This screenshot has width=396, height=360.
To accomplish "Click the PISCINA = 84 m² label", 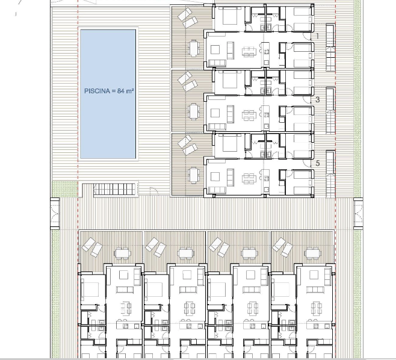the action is (109, 91).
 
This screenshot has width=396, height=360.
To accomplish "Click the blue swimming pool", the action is (108, 94).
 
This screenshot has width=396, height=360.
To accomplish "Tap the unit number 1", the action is (317, 36).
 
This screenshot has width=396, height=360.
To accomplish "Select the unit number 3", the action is (317, 99).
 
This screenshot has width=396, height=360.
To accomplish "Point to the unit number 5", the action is (317, 163).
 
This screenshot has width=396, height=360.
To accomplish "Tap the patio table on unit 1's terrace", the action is (194, 48).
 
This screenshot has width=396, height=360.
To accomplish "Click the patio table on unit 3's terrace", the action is (194, 111).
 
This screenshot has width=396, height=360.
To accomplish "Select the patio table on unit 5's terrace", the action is (194, 175).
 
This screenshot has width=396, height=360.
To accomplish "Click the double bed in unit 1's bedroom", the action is (230, 16).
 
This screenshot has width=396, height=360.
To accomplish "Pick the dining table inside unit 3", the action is (249, 115).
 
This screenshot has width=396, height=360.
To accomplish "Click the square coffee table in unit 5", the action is (215, 176).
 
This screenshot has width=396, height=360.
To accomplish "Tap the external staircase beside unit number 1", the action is (330, 48).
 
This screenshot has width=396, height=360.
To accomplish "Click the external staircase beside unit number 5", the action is (330, 175).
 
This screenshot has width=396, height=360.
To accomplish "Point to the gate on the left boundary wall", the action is (55, 214).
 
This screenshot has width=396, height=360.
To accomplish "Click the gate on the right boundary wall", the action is (358, 214).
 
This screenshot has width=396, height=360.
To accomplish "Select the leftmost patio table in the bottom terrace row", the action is (123, 253).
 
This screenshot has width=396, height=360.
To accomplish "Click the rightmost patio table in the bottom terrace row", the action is (312, 253).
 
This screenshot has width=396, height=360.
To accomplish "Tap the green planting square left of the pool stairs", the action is (64, 189).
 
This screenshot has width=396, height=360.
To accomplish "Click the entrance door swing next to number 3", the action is (308, 100).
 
